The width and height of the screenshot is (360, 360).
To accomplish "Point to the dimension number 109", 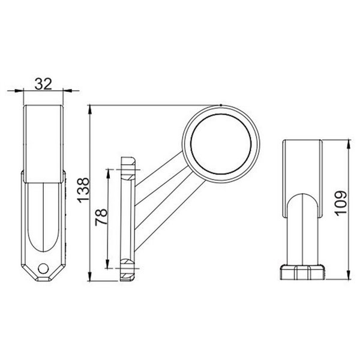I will tap(340, 205).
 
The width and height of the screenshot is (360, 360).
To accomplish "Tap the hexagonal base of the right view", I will tap(304, 271).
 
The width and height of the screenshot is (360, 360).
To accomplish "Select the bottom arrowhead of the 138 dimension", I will tap(89, 279).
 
